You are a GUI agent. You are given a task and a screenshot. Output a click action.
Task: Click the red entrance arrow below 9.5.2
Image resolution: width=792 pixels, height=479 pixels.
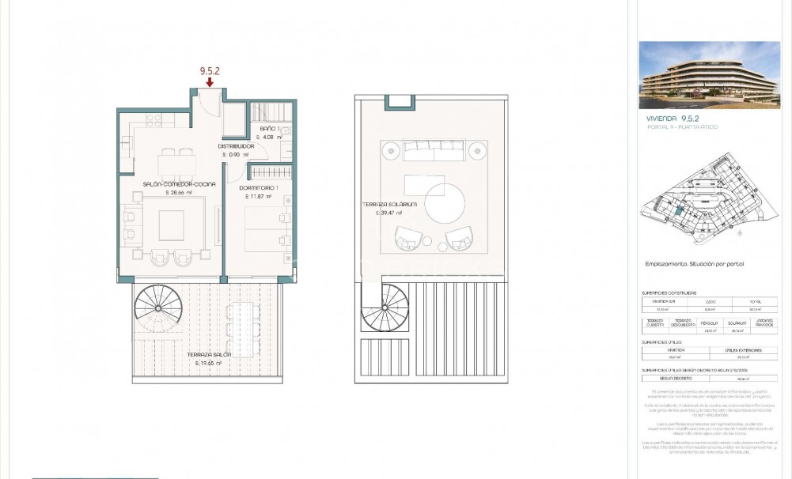tap(209, 81)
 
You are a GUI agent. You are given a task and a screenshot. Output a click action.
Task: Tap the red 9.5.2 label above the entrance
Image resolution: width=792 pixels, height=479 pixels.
tap(209, 70)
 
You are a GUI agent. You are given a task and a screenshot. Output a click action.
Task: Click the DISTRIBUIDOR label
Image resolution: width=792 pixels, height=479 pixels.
tap(236, 146)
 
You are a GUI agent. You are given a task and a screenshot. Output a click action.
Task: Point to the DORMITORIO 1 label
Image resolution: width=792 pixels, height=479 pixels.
tap(257, 187)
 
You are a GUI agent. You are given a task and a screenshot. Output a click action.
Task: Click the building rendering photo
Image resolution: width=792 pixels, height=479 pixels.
tap(709, 74)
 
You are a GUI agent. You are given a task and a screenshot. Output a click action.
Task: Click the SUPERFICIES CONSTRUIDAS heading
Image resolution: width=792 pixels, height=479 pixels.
tap(669, 292)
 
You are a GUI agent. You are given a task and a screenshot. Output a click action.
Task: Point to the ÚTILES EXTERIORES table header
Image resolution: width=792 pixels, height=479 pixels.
tap(744, 349)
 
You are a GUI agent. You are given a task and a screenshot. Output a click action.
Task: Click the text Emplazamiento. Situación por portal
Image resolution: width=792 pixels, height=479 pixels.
tap(695, 264)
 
